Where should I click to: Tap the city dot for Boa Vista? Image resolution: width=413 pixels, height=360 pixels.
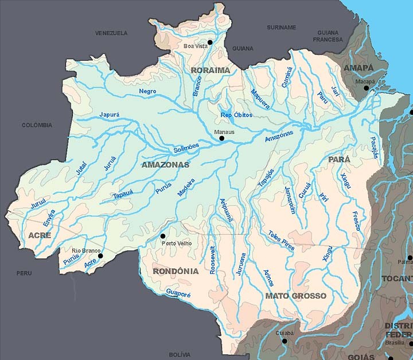point(210,42)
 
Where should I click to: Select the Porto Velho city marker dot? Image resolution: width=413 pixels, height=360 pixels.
point(163,236)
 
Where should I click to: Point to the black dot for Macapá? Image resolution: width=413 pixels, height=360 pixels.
point(367,88)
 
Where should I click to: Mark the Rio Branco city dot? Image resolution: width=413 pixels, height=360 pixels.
point(100,257)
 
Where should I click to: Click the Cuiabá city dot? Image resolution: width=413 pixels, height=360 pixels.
point(285,340)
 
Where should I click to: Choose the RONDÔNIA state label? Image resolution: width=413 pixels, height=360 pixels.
point(176,271)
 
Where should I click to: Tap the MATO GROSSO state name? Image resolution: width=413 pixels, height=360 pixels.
point(295,296)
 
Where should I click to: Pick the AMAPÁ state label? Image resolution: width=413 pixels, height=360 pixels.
point(358,68)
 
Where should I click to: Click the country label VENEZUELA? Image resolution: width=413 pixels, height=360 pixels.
point(111,33)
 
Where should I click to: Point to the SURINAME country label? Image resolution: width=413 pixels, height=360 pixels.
point(281,27)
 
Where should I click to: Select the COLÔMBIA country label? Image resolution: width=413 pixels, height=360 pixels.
point(37,125)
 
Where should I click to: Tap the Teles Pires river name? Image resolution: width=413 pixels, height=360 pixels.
point(281,239)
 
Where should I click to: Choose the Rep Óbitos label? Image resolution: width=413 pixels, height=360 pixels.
point(236,115)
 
